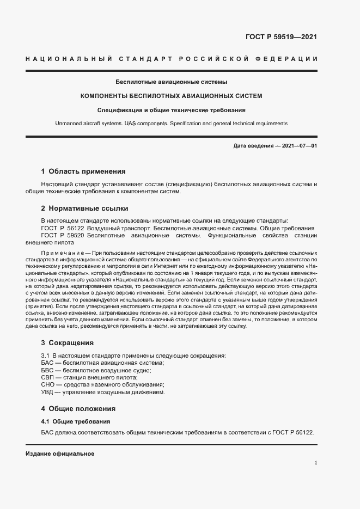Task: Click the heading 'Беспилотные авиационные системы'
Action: [x=171, y=82]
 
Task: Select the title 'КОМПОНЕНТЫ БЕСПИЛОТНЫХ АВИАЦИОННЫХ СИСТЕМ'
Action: [x=171, y=96]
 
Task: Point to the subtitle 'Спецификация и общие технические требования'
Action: [x=171, y=109]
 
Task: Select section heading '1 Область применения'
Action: [x=83, y=171]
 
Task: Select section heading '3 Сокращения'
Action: [x=68, y=343]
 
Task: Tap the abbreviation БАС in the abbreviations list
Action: [x=48, y=363]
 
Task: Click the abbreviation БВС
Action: [x=48, y=370]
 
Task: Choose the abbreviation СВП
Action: [x=48, y=378]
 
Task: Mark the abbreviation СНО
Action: [x=48, y=385]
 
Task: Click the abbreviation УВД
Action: [x=48, y=393]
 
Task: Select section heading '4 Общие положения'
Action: [x=78, y=408]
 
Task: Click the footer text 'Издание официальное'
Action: [x=60, y=453]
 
